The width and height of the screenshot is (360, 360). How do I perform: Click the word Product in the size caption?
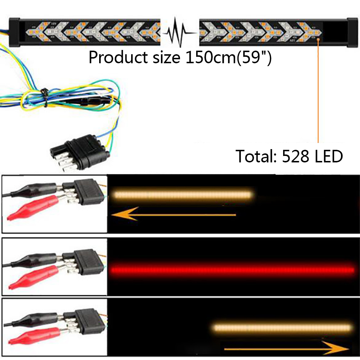coord(114,57)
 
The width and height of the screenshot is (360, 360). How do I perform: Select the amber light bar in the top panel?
coord(182,195)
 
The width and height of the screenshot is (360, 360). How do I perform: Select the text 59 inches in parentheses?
coord(256,57)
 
